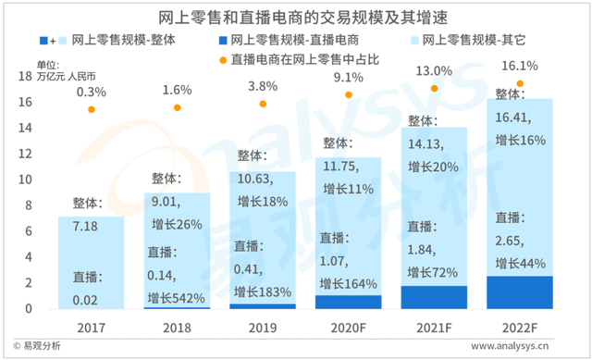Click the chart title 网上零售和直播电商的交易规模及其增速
click(295, 17)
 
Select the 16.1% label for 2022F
click(521, 67)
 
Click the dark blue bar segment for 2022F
click(521, 292)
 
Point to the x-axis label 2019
click(264, 326)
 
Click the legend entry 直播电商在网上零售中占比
click(314, 60)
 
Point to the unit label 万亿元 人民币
click(71, 75)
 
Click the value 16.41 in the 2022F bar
click(514, 118)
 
